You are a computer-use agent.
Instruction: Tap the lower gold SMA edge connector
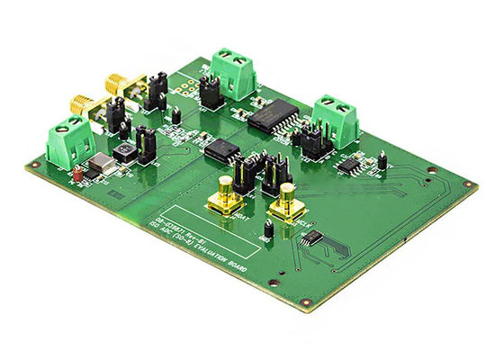click(x=79, y=104)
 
